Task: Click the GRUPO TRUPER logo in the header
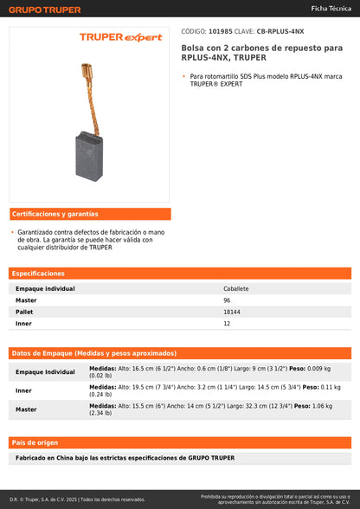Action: [45, 10]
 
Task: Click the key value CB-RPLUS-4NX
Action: [280, 29]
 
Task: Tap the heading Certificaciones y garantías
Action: [55, 214]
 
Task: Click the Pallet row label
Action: [25, 311]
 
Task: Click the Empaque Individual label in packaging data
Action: [45, 371]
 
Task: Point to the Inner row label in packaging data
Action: [23, 390]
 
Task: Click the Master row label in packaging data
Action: [26, 409]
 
